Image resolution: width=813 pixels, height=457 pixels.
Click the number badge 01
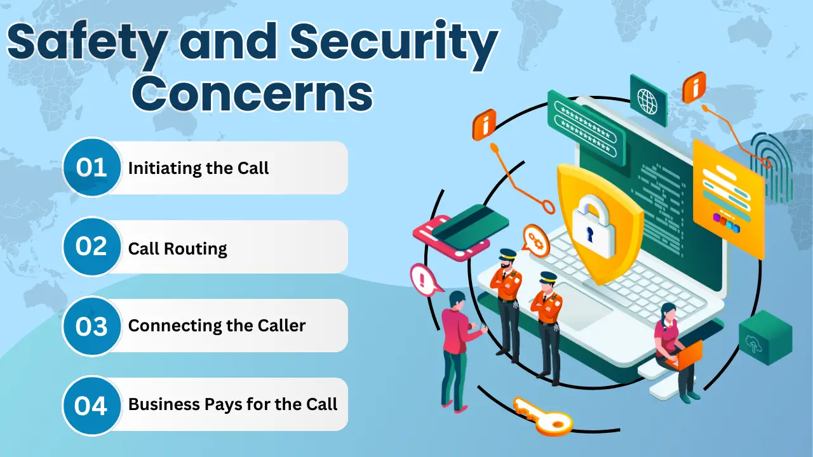click(91, 168)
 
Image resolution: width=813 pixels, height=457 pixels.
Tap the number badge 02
click(91, 246)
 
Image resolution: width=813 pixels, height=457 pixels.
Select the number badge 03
click(91, 326)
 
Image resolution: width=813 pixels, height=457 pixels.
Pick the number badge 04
click(91, 405)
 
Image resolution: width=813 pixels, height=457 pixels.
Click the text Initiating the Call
click(198, 168)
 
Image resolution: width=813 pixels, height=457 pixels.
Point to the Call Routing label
click(177, 248)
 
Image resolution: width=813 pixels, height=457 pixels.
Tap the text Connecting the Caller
click(217, 326)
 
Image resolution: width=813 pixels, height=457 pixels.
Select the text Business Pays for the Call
click(232, 404)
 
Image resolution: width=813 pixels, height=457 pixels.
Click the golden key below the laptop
click(542, 416)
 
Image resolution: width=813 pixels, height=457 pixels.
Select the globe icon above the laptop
click(648, 100)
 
